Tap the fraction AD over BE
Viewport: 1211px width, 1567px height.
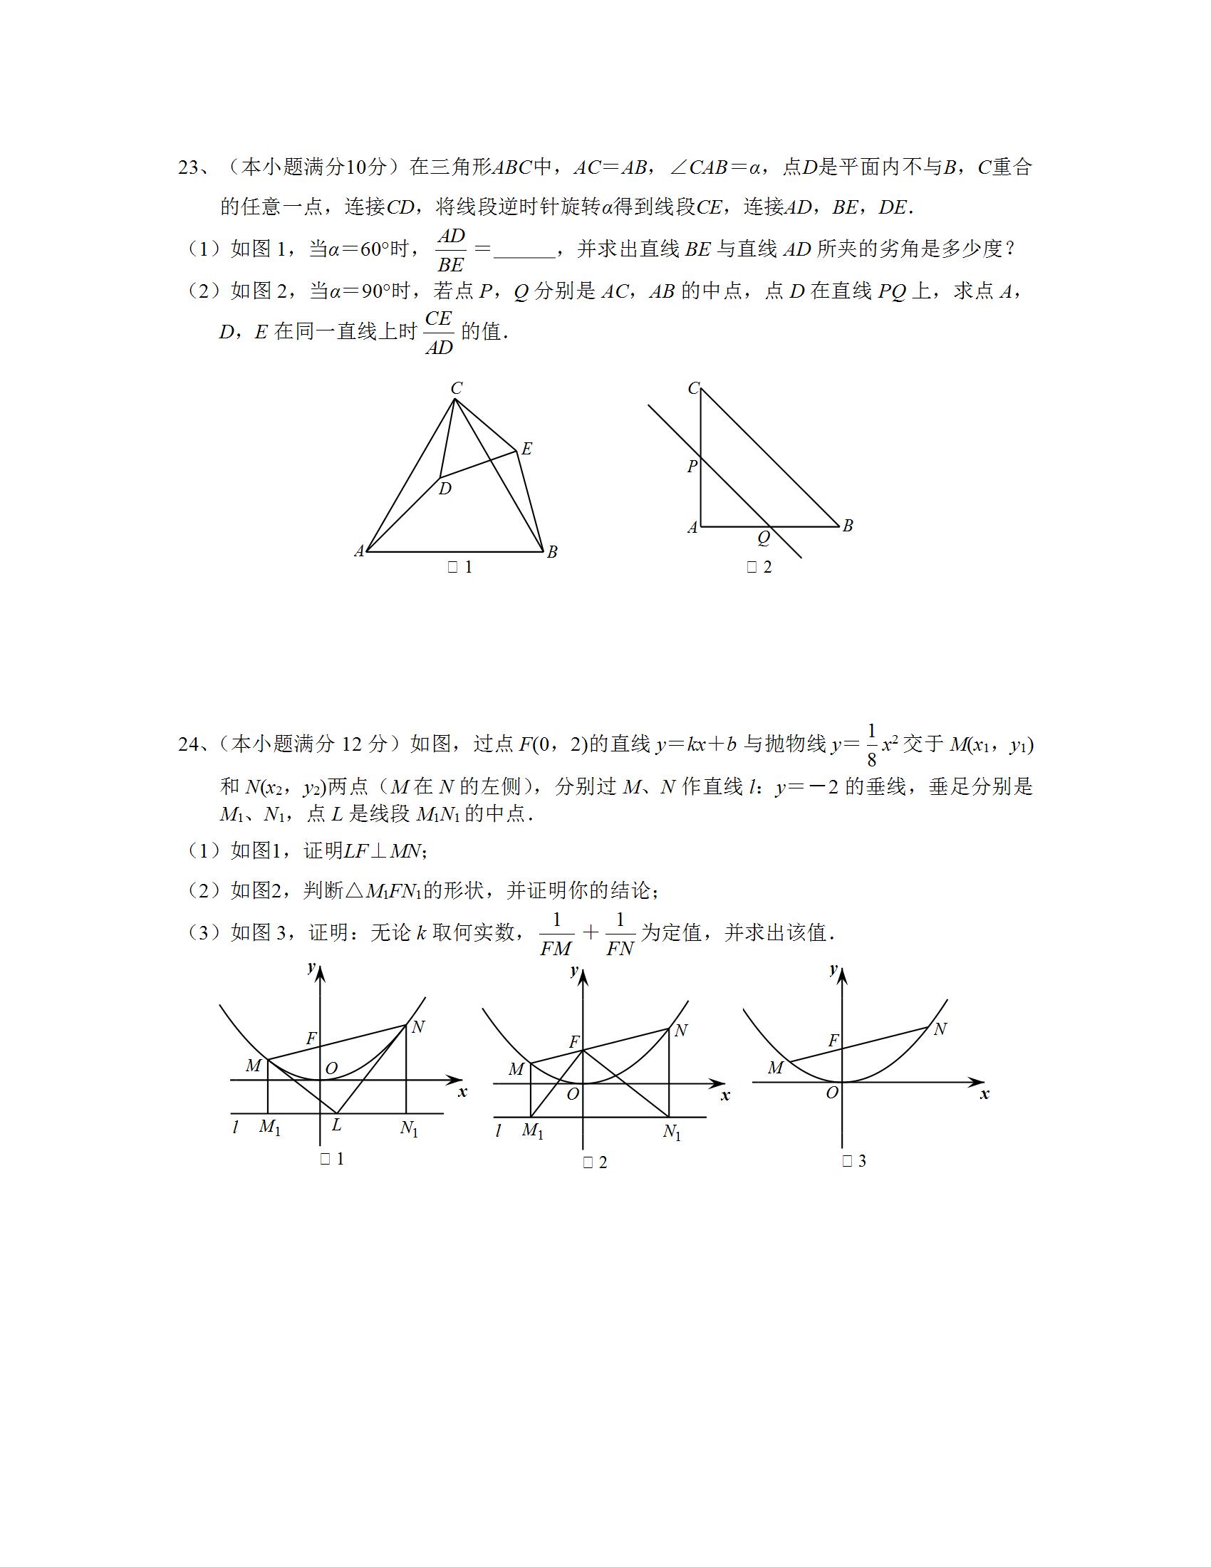pos(451,251)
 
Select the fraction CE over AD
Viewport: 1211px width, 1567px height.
pos(438,332)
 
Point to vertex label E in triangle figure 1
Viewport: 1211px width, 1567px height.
pos(526,449)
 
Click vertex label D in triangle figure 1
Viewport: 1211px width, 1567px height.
pos(445,489)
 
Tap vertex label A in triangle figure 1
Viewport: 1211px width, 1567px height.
pos(360,551)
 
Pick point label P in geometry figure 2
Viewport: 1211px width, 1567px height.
pos(692,467)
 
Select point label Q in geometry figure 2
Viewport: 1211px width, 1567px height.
pos(764,537)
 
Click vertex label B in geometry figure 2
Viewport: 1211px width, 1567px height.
pos(847,526)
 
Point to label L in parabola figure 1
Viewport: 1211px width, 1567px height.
pos(336,1125)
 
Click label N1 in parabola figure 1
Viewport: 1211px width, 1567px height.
pos(409,1129)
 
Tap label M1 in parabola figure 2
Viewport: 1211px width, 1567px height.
pos(532,1131)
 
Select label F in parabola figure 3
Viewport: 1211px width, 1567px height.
pos(833,1041)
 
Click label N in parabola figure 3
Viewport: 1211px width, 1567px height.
pos(940,1030)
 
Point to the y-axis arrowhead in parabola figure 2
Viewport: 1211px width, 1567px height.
pos(583,974)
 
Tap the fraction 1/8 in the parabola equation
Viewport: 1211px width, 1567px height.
pos(872,745)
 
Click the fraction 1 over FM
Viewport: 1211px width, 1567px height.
pos(556,935)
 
